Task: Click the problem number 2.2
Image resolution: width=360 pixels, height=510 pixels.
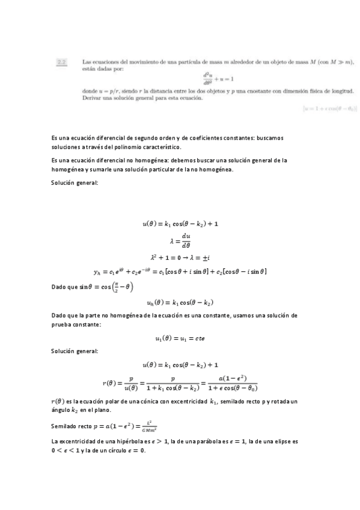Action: point(61,61)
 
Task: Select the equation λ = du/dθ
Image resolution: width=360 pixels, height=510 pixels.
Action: point(180,241)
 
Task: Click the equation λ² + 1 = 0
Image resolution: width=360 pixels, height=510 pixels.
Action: point(180,257)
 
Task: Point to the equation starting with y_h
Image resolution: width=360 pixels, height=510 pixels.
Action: point(180,272)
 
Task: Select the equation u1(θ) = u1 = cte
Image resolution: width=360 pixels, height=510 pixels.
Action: point(180,339)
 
